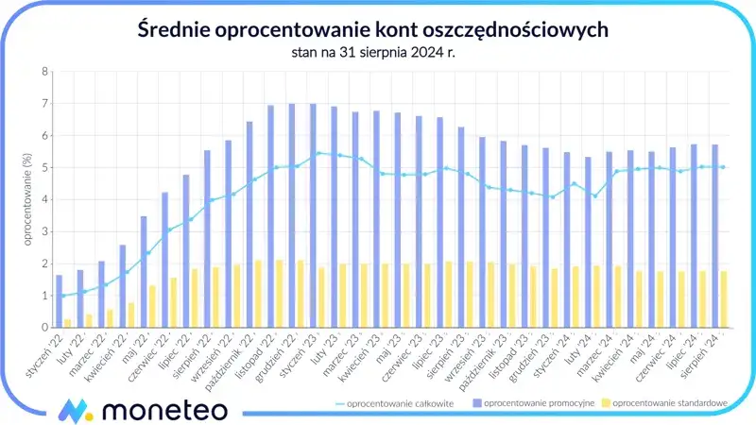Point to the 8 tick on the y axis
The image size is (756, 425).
tap(44, 72)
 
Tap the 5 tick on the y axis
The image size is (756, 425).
tap(44, 168)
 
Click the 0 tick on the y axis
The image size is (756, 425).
tap(44, 328)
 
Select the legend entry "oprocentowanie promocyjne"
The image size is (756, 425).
tap(530, 404)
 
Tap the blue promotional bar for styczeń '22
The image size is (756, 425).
tap(59, 301)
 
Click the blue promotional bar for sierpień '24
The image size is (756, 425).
tap(714, 236)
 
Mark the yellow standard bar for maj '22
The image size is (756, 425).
tap(152, 307)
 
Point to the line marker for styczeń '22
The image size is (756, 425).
tap(63, 296)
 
